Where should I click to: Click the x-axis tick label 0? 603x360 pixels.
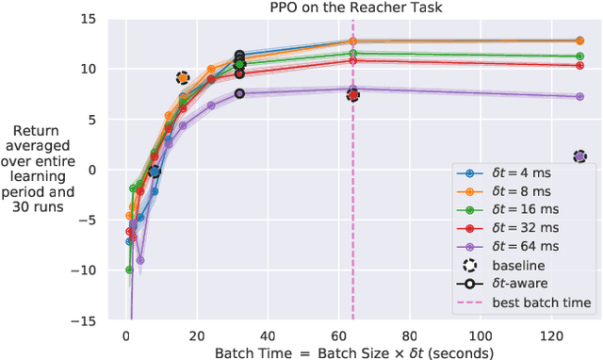tap(126, 335)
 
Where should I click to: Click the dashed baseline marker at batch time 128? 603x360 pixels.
tap(580, 156)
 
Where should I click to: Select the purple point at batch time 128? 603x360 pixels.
tap(580, 96)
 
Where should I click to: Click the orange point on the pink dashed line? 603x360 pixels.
tap(352, 41)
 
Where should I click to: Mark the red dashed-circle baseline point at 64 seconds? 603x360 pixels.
tap(352, 94)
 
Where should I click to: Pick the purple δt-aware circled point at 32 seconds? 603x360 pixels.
tap(239, 93)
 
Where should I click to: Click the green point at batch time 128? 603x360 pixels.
tap(580, 57)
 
